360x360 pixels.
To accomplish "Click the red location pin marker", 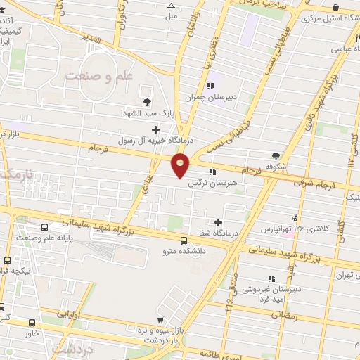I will tap(181, 166).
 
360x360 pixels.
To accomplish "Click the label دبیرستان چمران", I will tap(211, 97).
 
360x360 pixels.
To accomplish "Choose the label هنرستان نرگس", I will tap(212, 181).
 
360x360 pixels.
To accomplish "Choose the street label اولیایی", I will tap(71, 314).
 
